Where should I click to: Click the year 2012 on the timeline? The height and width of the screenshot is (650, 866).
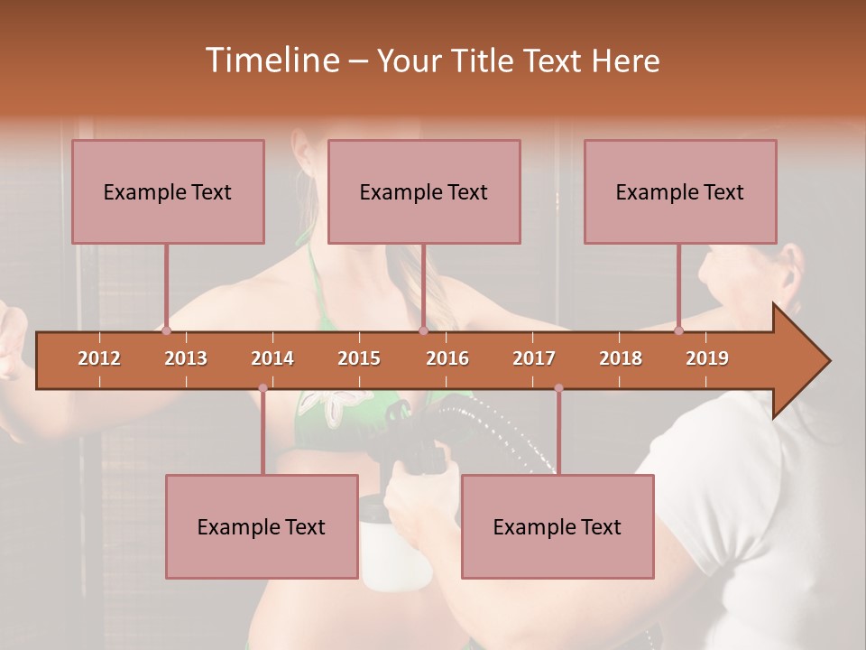click(x=99, y=358)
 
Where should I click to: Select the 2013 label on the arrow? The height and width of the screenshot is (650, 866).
click(x=186, y=358)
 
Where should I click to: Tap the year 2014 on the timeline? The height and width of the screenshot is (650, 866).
click(x=272, y=358)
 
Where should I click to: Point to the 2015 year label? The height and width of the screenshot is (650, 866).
click(x=359, y=358)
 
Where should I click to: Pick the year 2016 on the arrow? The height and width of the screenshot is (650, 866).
click(x=447, y=358)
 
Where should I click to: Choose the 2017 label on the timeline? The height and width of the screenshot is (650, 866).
click(x=534, y=358)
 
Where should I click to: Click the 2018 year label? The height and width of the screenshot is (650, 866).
click(x=621, y=358)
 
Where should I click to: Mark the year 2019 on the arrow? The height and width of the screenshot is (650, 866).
click(x=707, y=358)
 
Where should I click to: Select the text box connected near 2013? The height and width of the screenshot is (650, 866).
click(x=168, y=191)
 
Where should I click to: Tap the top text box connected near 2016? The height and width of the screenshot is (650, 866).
click(x=424, y=191)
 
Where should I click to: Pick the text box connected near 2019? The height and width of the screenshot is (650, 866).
click(x=680, y=191)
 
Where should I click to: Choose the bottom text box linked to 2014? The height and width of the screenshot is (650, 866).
click(x=262, y=526)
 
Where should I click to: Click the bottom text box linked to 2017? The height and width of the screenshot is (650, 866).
click(x=557, y=526)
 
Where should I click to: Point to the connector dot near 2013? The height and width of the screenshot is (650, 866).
click(x=166, y=330)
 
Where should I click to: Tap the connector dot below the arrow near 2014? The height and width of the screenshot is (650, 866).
click(x=263, y=388)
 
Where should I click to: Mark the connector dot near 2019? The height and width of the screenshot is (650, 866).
click(x=678, y=330)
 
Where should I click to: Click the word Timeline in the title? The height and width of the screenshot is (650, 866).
click(x=271, y=60)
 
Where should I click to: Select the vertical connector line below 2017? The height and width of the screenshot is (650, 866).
click(x=558, y=433)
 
